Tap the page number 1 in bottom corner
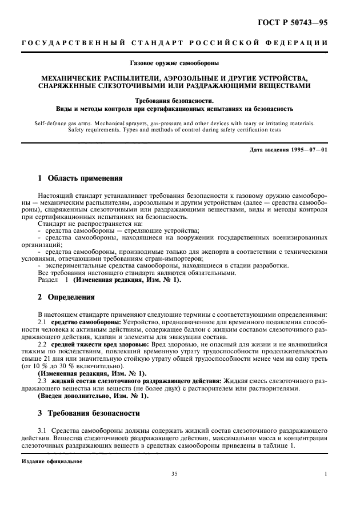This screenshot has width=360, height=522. (x=326, y=474)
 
